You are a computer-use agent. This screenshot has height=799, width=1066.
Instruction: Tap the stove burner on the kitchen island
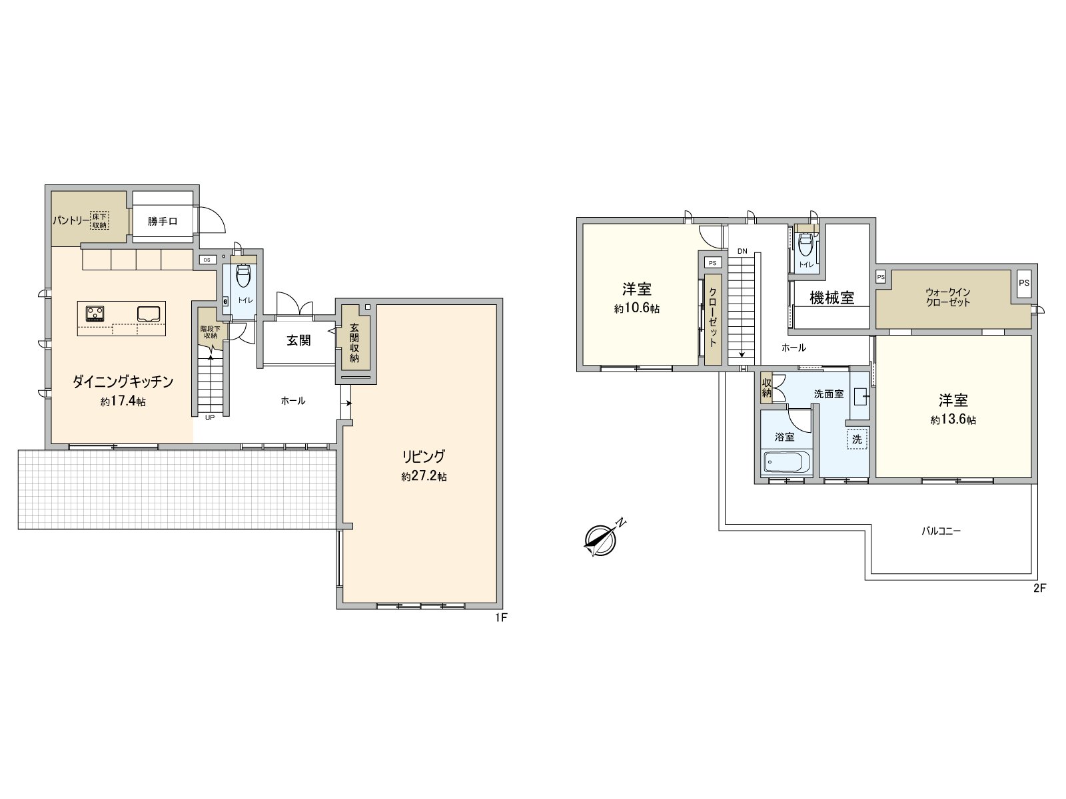pos(95,312)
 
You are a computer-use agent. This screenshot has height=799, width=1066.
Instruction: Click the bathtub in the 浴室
pos(787,461)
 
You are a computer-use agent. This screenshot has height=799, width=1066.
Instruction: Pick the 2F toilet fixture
pos(806,248)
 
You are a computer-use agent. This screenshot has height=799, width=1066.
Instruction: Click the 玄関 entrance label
pos(298,340)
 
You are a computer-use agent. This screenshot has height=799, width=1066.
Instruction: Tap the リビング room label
pos(422,457)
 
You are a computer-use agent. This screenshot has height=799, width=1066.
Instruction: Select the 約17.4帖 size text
pos(123,401)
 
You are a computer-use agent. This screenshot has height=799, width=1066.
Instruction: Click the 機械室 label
pos(831,298)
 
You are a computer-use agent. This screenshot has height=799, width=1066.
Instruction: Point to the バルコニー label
pos(941,531)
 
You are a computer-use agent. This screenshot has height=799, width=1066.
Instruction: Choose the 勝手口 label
pos(163,221)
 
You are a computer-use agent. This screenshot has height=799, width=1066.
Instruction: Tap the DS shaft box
pos(206,260)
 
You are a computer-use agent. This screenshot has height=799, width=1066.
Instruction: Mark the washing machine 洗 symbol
pos(857,439)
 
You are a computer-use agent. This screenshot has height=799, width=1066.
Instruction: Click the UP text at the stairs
pos(210,418)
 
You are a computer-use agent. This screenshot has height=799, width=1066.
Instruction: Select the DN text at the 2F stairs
pos(742,251)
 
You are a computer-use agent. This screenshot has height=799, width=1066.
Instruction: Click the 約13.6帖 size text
pos(953,420)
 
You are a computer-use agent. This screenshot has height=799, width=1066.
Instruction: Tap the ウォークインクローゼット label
pos(947,297)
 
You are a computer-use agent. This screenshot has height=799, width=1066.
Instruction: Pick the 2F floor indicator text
pos(1040,588)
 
